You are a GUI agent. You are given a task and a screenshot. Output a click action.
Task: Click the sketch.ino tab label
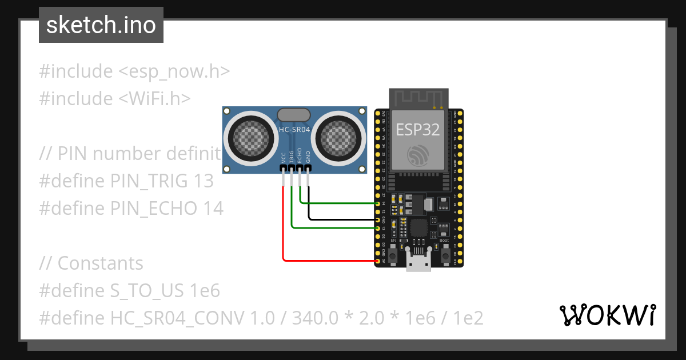click(x=101, y=25)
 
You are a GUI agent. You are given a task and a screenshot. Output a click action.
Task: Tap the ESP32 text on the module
click(x=418, y=130)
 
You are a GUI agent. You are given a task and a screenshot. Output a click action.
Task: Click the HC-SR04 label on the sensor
click(x=294, y=129)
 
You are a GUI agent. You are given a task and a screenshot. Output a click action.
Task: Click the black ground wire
click(x=343, y=219)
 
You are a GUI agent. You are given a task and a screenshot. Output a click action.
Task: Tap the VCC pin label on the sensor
click(x=284, y=157)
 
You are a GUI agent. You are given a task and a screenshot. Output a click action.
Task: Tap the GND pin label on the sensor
click(x=308, y=157)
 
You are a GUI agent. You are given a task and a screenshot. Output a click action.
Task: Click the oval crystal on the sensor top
click(x=294, y=115)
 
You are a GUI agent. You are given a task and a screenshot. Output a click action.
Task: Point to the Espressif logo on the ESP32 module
click(x=418, y=155)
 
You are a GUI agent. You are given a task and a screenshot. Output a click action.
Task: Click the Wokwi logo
click(x=607, y=315)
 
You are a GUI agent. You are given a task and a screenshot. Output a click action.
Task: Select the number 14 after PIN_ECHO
click(x=213, y=209)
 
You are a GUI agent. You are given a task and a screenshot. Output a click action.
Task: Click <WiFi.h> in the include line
click(x=154, y=99)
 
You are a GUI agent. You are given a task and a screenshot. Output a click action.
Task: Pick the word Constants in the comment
click(x=101, y=263)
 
